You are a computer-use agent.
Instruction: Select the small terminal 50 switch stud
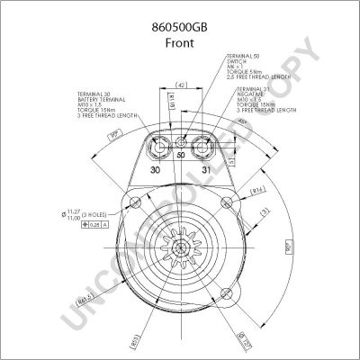coord(182,143)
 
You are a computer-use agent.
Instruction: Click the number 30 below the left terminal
coord(156,169)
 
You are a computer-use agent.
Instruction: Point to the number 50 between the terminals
coord(181,155)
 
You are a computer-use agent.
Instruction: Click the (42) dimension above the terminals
coord(181,85)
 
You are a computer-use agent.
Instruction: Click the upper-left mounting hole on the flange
coord(136,200)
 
